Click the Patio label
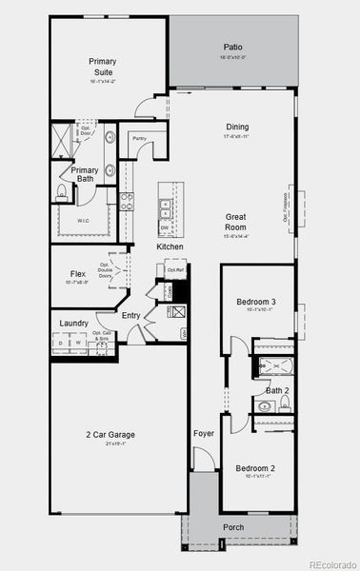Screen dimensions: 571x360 (x=233, y=47)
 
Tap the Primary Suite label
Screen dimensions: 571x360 (x=102, y=67)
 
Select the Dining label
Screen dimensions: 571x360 (x=237, y=127)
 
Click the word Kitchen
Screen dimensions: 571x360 (x=170, y=247)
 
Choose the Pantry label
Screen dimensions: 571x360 (x=139, y=139)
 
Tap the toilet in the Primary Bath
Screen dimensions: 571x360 (x=62, y=193)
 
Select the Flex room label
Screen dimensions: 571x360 (x=78, y=273)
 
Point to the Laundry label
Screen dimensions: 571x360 (x=74, y=324)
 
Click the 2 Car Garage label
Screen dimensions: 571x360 (x=107, y=434)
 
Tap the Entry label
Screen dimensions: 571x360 (x=130, y=316)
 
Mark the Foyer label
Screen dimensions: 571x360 (x=204, y=433)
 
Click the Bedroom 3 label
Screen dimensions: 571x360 (x=255, y=303)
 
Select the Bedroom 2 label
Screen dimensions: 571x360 (x=255, y=468)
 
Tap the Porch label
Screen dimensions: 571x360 (x=233, y=527)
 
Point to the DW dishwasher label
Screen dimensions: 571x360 (x=165, y=227)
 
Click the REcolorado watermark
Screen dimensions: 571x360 (x=330, y=562)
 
